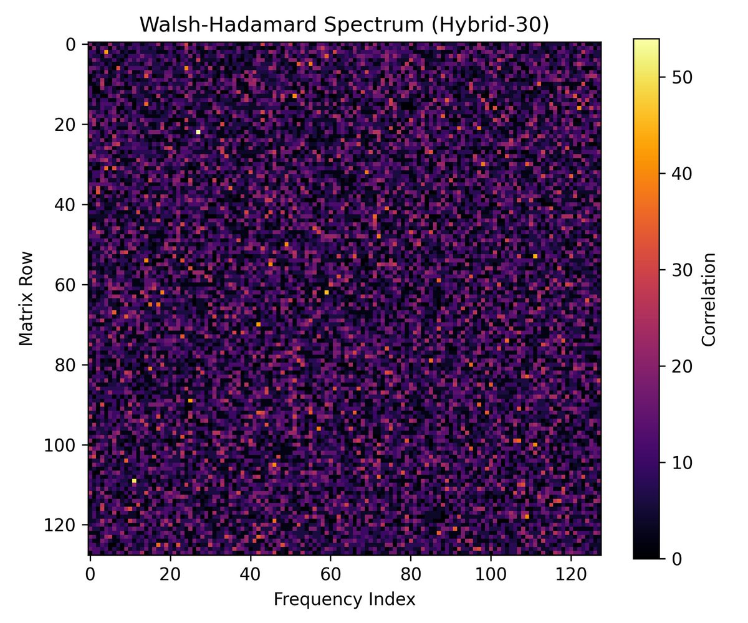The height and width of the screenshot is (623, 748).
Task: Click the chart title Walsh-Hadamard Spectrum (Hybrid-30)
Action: [344, 24]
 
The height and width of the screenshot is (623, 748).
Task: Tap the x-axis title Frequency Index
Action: [344, 600]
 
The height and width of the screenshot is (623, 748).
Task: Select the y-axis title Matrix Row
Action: [25, 298]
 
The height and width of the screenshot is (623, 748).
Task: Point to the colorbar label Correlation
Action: [707, 298]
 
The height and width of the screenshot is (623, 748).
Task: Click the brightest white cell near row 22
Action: [198, 132]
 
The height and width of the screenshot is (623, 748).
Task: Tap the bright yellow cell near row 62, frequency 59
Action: [327, 292]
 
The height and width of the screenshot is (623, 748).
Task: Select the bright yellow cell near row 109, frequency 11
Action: [134, 480]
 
